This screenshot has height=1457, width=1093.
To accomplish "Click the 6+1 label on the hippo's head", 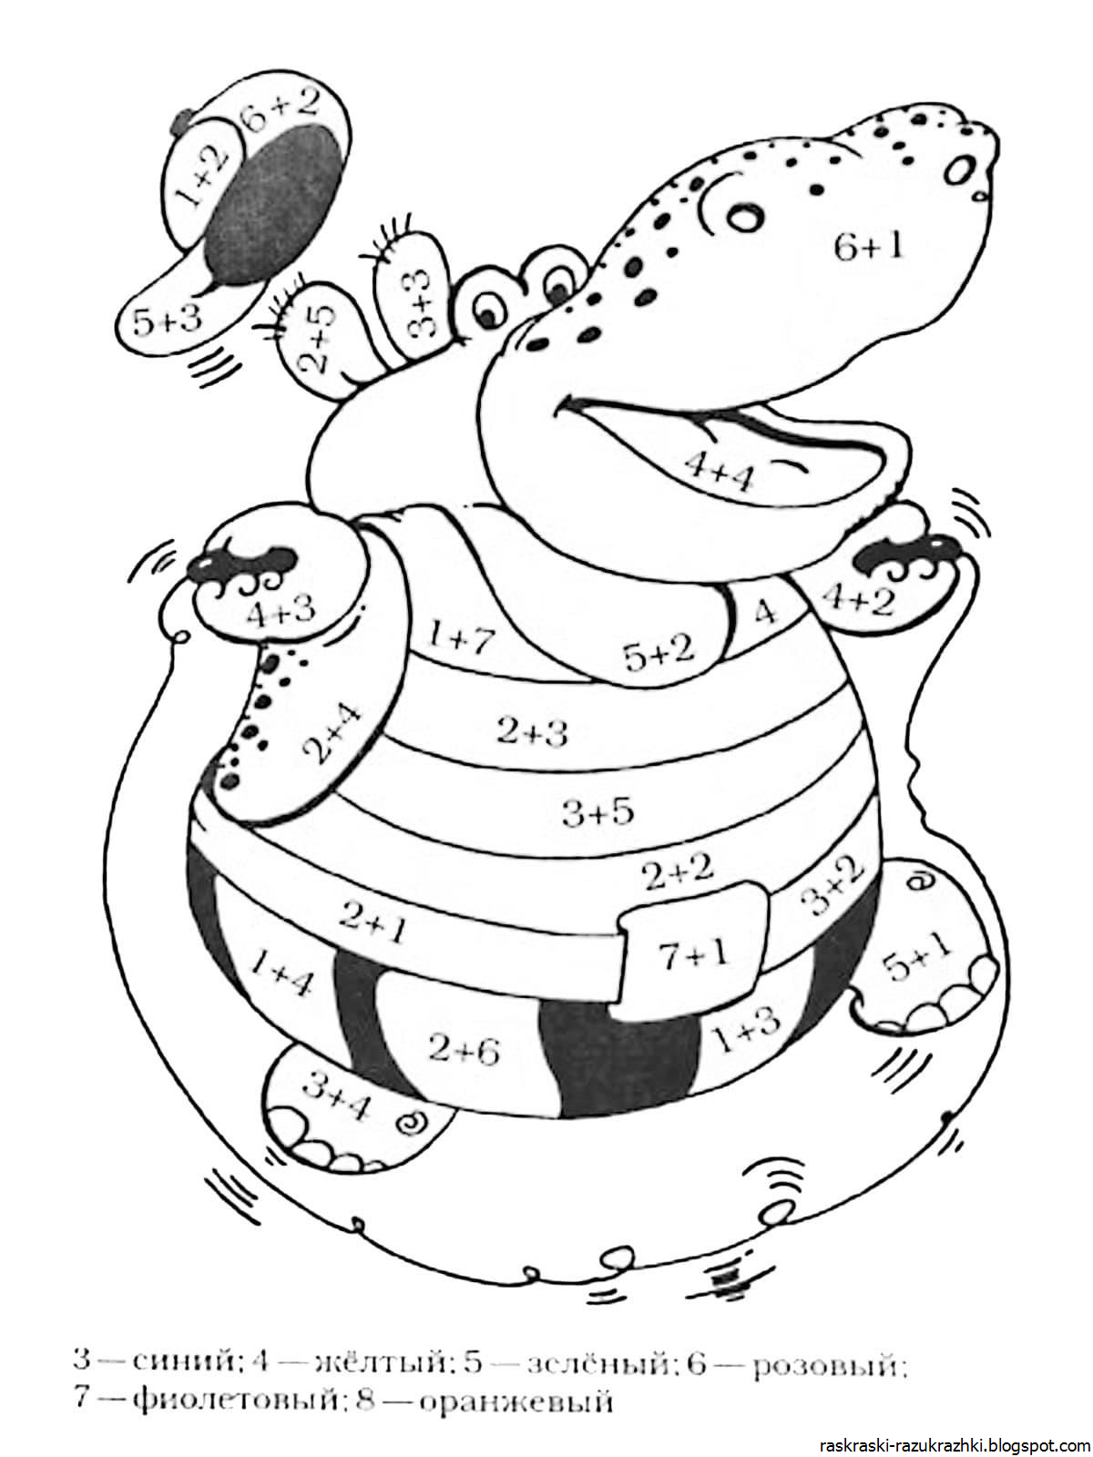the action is click(x=868, y=247).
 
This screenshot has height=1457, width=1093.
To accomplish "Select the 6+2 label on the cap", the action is click(x=280, y=109).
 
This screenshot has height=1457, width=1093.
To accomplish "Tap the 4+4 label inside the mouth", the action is click(x=719, y=471).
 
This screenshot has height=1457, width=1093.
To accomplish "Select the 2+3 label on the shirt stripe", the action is click(x=532, y=732).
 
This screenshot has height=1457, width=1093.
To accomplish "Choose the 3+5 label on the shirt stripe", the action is click(x=598, y=811).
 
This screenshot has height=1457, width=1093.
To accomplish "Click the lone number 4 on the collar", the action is click(x=765, y=612).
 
